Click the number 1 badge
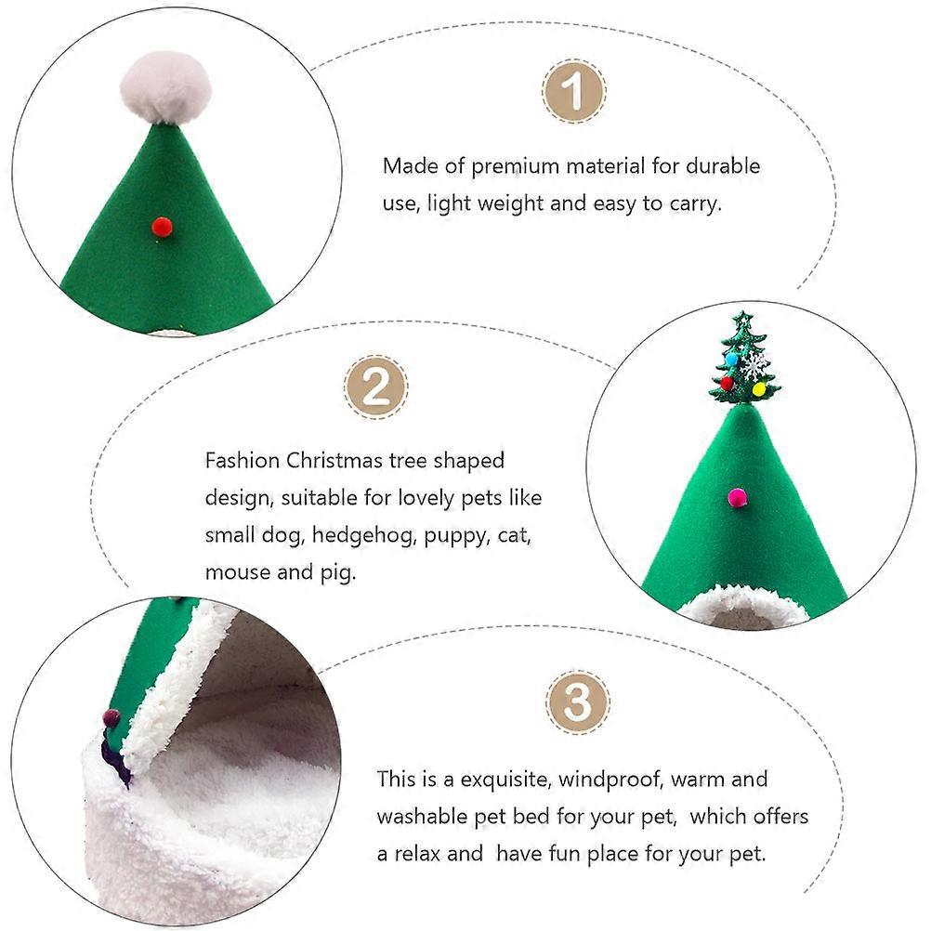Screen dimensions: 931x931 (573, 91)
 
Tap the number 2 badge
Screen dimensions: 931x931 (375, 387)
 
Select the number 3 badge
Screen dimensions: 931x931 (577, 702)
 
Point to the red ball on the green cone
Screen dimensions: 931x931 (162, 226)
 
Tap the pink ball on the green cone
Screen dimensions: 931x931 (738, 497)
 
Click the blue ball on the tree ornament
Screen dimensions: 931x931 (732, 359)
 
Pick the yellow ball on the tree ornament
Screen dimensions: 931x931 (759, 389)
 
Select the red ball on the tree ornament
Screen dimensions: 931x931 (727, 383)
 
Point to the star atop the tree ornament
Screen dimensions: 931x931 (742, 320)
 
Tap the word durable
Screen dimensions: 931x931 (723, 165)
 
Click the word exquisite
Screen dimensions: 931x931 (505, 780)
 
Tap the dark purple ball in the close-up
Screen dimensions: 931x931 (111, 718)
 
